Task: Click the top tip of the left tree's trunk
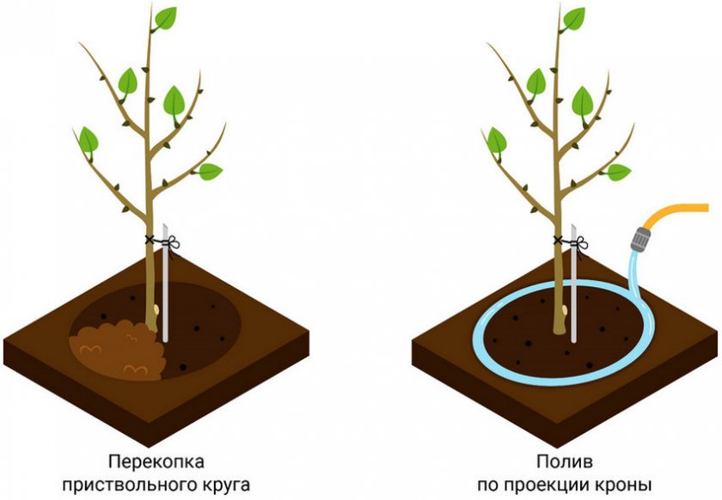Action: point(151,3)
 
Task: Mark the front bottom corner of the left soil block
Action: point(148,446)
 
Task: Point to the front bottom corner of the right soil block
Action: point(557,446)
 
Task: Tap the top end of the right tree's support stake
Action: point(574,225)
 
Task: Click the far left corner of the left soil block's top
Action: point(4,341)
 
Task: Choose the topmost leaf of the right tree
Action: point(572,19)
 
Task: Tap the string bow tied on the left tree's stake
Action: point(173,242)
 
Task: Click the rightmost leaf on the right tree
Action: point(618,172)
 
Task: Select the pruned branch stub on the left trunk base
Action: point(157,309)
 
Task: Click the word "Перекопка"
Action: point(156,462)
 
